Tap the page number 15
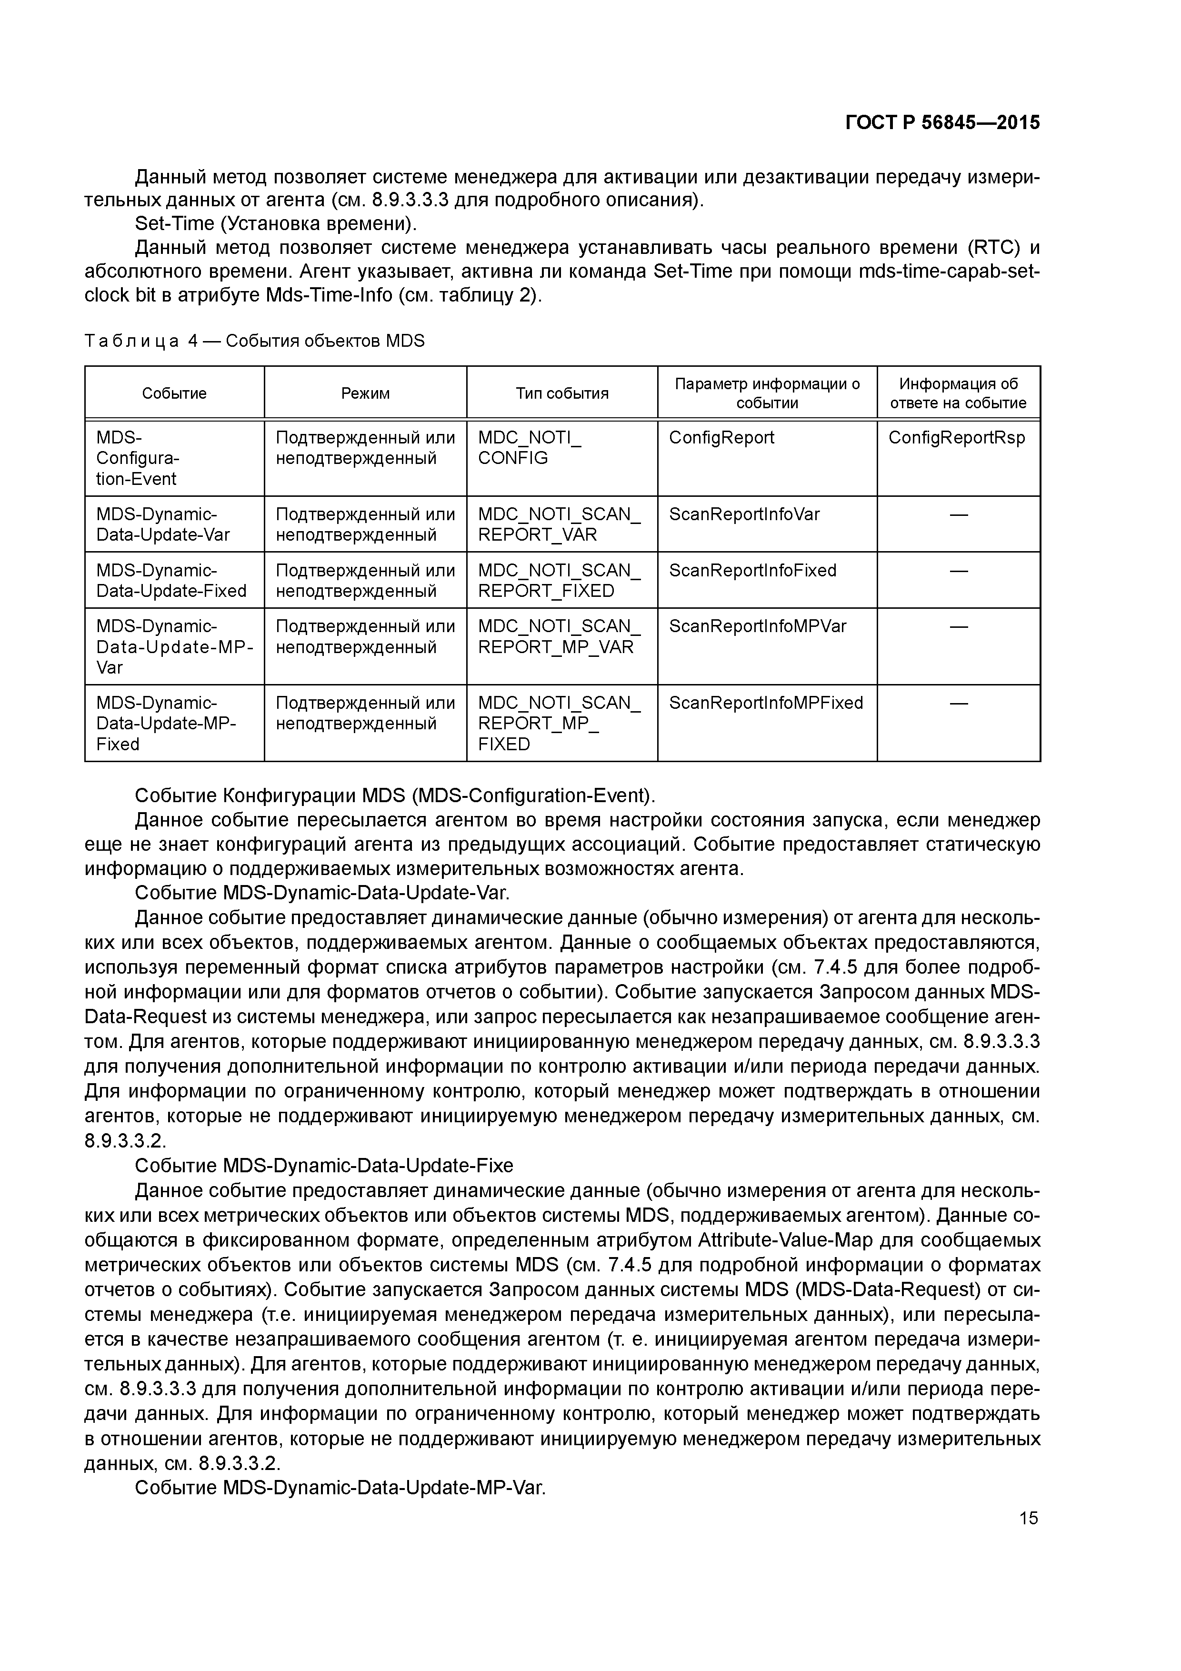(x=1028, y=1518)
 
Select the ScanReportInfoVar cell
(x=744, y=514)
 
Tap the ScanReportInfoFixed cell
(x=752, y=571)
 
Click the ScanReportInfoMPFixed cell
(x=765, y=703)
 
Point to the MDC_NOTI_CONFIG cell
(x=529, y=448)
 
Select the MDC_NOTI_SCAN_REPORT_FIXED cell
(x=559, y=581)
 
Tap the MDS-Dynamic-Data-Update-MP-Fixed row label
(x=166, y=724)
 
